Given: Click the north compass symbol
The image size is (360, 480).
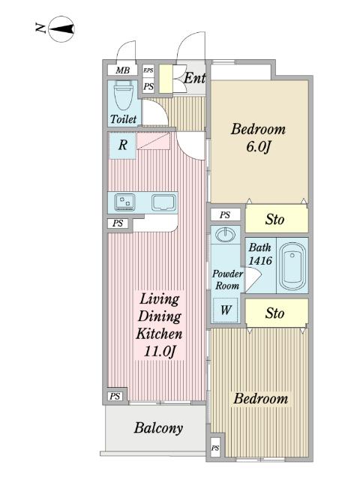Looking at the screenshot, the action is pos(61,28).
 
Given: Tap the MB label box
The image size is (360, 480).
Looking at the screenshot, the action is pos(123,70).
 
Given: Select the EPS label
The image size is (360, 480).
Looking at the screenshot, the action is pos(148,70).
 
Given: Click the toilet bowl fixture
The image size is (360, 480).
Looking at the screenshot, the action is pos(123,95).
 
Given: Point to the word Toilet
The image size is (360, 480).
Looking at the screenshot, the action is pos(123,118).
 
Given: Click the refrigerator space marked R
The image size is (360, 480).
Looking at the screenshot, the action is pos(122,145).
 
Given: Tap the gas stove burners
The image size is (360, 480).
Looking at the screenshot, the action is pos(124,202).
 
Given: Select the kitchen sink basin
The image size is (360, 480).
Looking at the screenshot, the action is pos(164,202).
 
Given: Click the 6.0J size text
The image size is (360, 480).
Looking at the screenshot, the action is pos(258,147).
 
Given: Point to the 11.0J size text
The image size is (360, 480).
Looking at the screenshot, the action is pos(160,351).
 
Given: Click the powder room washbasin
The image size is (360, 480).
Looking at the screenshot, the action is pos(226,235).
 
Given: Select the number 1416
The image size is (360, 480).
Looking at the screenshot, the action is pos(260,261).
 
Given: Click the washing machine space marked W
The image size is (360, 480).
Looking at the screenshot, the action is pos(226,310).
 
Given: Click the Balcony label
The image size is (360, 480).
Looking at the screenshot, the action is pos(158,428).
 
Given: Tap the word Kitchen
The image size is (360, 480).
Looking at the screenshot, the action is pos(159,334).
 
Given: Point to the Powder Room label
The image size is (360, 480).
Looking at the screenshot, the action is pos(227,280).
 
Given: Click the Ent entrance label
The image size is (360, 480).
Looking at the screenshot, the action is pos(194,78).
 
